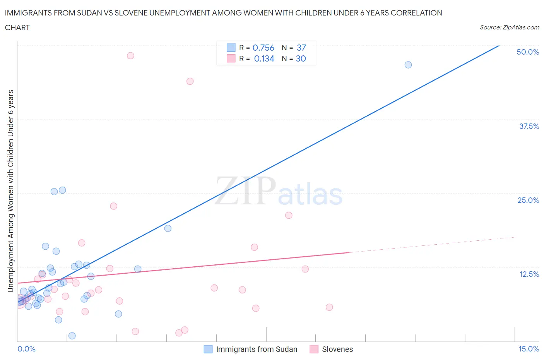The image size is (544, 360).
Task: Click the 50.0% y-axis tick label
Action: pos(528,52)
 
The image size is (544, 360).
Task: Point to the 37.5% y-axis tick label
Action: pos(529,126)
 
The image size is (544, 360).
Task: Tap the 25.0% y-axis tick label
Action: pos(528,200)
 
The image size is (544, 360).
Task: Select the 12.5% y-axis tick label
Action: pos(529,274)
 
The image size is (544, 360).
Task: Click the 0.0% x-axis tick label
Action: pos(27,349)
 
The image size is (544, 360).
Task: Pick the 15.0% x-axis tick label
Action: pos(529,349)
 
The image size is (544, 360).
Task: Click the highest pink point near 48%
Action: pos(130,56)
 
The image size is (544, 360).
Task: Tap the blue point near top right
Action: pos(408,65)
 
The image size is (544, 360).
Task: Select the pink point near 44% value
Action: pos(190,81)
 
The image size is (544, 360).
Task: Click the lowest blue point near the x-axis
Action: pos(72,336)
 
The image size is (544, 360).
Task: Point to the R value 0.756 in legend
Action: pos(263,48)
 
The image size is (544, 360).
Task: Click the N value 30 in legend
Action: pos(301,58)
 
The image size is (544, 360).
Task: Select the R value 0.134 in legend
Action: pos(264,58)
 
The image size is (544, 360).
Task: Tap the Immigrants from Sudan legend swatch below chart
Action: pos(208,349)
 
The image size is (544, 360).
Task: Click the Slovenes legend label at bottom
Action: pos(337,349)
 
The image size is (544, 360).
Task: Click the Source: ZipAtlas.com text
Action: pos(509,27)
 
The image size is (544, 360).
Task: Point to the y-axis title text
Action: pos(10,191)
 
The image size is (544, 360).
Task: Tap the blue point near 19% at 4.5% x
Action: pos(168,228)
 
